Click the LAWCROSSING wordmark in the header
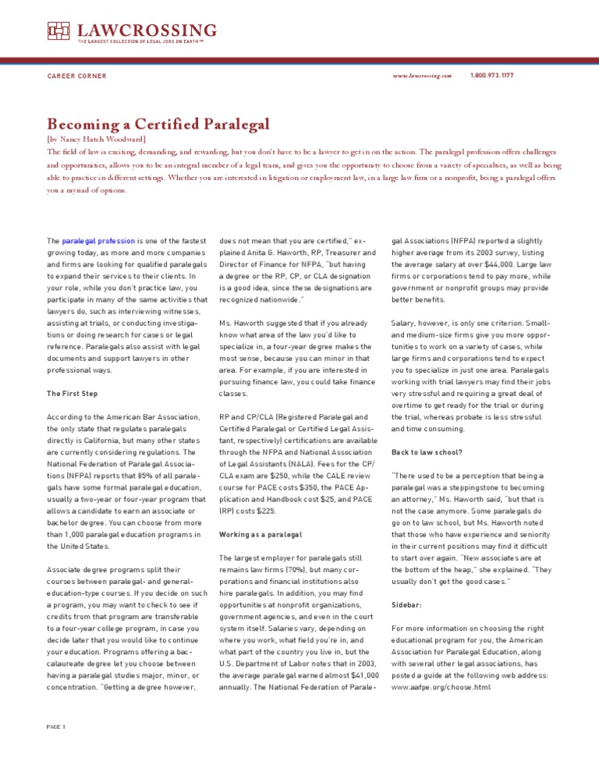147,30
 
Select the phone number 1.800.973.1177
492,76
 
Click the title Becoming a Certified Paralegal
158,124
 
